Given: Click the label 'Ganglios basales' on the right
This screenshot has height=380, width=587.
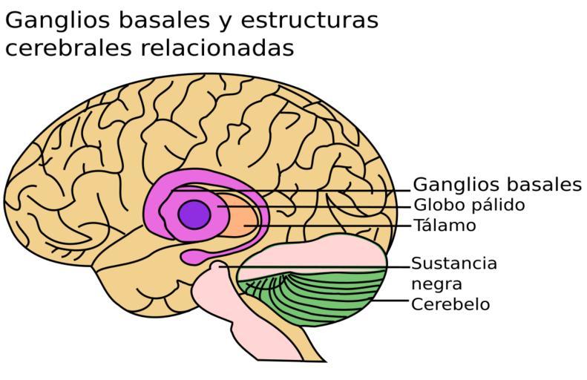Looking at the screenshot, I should [x=496, y=185].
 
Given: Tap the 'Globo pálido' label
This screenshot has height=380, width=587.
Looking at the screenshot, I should [x=469, y=205].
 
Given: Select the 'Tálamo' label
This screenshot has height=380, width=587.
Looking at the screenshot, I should [x=445, y=225].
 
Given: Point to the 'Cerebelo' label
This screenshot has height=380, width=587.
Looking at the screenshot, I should [x=450, y=304].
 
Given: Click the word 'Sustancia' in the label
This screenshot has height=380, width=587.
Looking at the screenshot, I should [x=453, y=263].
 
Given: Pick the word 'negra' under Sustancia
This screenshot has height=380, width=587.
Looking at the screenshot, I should [x=437, y=284].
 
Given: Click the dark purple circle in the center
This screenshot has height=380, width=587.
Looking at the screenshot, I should [x=194, y=214].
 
